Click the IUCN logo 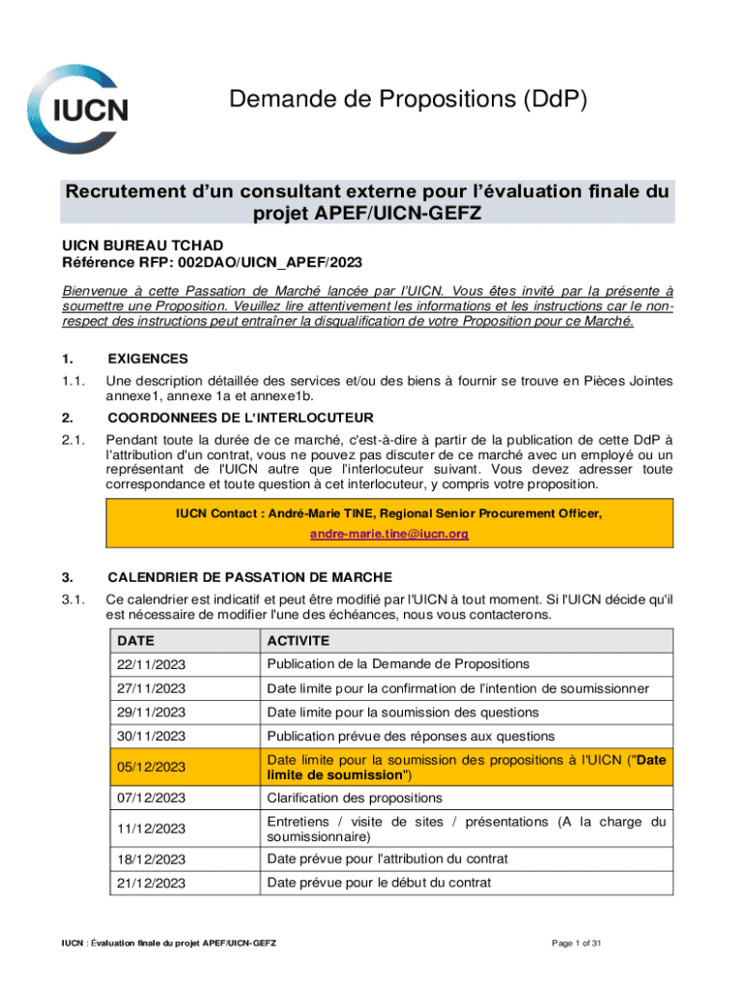click(78, 108)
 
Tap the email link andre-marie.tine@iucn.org click(388, 534)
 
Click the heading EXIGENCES click(148, 359)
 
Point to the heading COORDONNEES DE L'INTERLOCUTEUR click(241, 418)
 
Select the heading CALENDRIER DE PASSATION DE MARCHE click(250, 577)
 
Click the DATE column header click(136, 641)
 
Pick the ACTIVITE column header click(299, 641)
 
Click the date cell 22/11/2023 click(151, 665)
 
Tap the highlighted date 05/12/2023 click(151, 767)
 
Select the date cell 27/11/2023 click(151, 689)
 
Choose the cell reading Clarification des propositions click(355, 798)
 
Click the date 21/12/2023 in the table click(151, 883)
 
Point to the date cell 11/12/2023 click(151, 829)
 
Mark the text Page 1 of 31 click(577, 944)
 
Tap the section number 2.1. click(73, 439)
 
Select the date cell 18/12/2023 click(151, 859)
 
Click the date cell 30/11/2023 click(151, 737)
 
